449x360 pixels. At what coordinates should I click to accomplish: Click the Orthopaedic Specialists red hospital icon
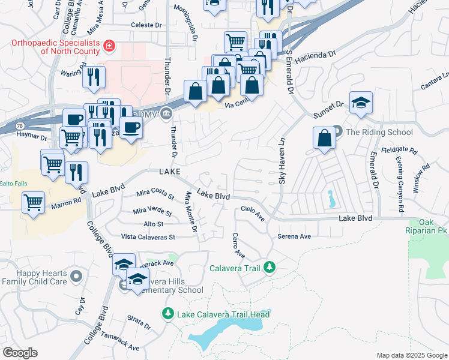[x=109, y=46]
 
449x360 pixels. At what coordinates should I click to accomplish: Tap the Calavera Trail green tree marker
[x=270, y=266]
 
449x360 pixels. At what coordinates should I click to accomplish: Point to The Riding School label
[x=379, y=132]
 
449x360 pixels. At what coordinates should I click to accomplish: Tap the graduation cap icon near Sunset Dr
[x=361, y=103]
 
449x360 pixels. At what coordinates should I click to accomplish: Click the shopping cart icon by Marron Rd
[x=34, y=201]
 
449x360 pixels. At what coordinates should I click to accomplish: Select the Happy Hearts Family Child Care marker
[x=76, y=276]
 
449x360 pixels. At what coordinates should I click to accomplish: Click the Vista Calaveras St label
[x=147, y=237]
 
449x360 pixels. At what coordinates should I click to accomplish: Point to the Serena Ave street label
[x=294, y=236]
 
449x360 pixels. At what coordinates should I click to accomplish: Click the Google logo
[x=20, y=353]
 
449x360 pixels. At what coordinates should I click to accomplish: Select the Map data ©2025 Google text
[x=411, y=355]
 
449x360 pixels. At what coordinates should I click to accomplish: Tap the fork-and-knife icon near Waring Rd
[x=94, y=76]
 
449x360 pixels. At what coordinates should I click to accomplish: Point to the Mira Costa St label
[x=155, y=194]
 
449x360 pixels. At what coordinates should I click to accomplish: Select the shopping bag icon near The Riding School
[x=324, y=138]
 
